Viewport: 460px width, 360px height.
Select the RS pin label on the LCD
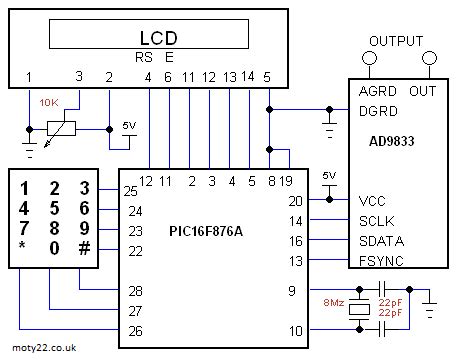coord(143,57)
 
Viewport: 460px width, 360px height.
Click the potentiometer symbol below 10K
coord(63,128)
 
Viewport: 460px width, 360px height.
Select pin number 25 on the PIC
coord(130,191)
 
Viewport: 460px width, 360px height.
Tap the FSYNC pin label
coord(381,261)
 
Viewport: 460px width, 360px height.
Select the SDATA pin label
coord(380,241)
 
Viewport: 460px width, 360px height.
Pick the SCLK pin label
coord(377,220)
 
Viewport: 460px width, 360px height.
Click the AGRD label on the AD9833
coord(378,91)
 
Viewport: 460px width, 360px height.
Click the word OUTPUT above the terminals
coord(396,41)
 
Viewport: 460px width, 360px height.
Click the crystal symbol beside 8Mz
coord(360,310)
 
